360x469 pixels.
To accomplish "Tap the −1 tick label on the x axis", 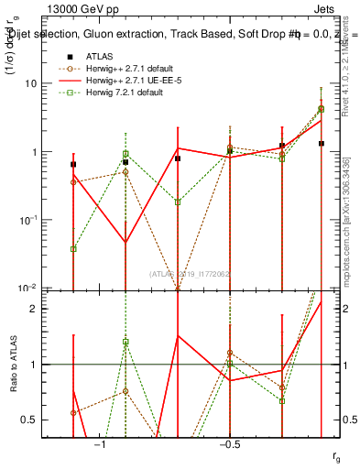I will (100, 442).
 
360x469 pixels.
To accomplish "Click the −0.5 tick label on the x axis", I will (229, 442).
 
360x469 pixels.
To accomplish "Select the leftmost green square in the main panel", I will (73, 248).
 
